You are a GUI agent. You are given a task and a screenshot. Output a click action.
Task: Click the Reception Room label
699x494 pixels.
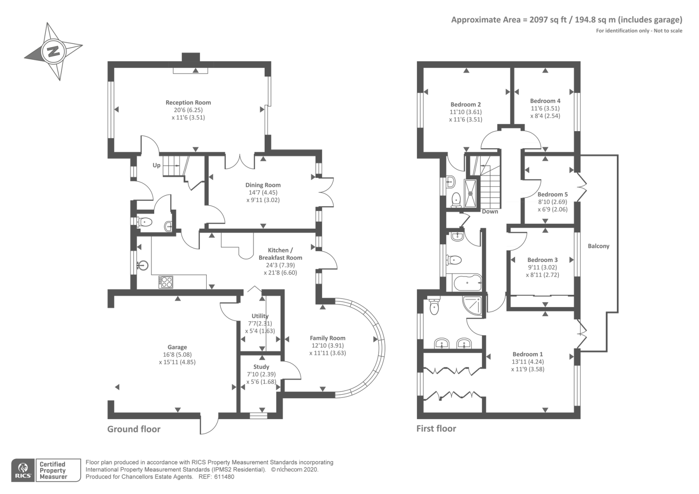click(x=188, y=102)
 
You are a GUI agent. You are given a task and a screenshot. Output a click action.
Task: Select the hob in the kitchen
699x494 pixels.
click(x=166, y=282)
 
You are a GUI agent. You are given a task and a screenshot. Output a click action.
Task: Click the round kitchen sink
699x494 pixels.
click(x=143, y=265)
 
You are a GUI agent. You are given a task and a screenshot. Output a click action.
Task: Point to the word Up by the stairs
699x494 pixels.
click(x=156, y=165)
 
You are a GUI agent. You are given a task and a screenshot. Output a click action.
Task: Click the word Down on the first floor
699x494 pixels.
click(x=490, y=212)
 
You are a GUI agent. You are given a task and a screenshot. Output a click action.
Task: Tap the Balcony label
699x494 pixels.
click(x=599, y=246)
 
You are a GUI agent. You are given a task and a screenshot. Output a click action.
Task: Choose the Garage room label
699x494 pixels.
click(x=177, y=347)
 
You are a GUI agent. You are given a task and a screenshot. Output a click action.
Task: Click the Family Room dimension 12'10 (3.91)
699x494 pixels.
click(x=328, y=345)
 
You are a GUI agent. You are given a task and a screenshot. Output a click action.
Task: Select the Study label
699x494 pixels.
click(x=261, y=367)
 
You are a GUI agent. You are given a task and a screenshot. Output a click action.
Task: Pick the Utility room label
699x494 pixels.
click(x=260, y=316)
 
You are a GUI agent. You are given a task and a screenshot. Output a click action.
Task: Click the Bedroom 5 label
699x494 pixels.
click(x=553, y=194)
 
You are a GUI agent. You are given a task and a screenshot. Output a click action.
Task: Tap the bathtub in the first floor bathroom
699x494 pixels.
click(x=467, y=282)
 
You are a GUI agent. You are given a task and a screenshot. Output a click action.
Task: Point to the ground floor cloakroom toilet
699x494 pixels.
click(x=145, y=222)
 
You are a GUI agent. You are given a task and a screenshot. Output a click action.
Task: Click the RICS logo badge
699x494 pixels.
click(x=23, y=470)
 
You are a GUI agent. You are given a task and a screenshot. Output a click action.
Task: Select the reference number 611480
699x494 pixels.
click(x=224, y=477)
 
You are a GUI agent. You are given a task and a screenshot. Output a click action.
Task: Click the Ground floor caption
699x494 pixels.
click(x=134, y=429)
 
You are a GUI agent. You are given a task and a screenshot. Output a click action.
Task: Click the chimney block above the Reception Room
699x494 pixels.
click(x=190, y=57)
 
